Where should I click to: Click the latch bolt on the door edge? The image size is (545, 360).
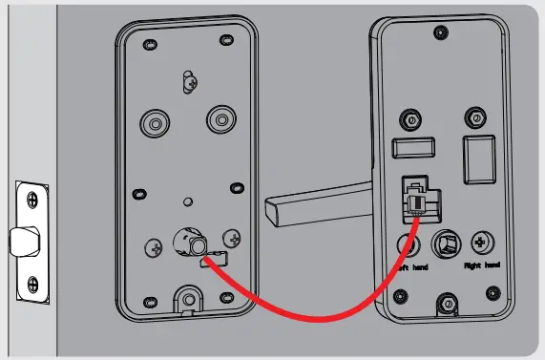tap(17, 241)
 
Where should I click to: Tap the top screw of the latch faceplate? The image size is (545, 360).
tap(31, 200)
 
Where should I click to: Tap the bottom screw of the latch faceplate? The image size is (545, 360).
tap(31, 285)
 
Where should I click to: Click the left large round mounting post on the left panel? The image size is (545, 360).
tap(153, 120)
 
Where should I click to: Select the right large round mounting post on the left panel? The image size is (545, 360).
tap(221, 118)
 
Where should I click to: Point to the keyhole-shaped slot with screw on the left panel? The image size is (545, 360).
tap(189, 80)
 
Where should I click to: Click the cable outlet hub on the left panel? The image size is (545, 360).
tap(186, 244)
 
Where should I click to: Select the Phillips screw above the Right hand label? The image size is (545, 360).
tap(483, 242)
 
